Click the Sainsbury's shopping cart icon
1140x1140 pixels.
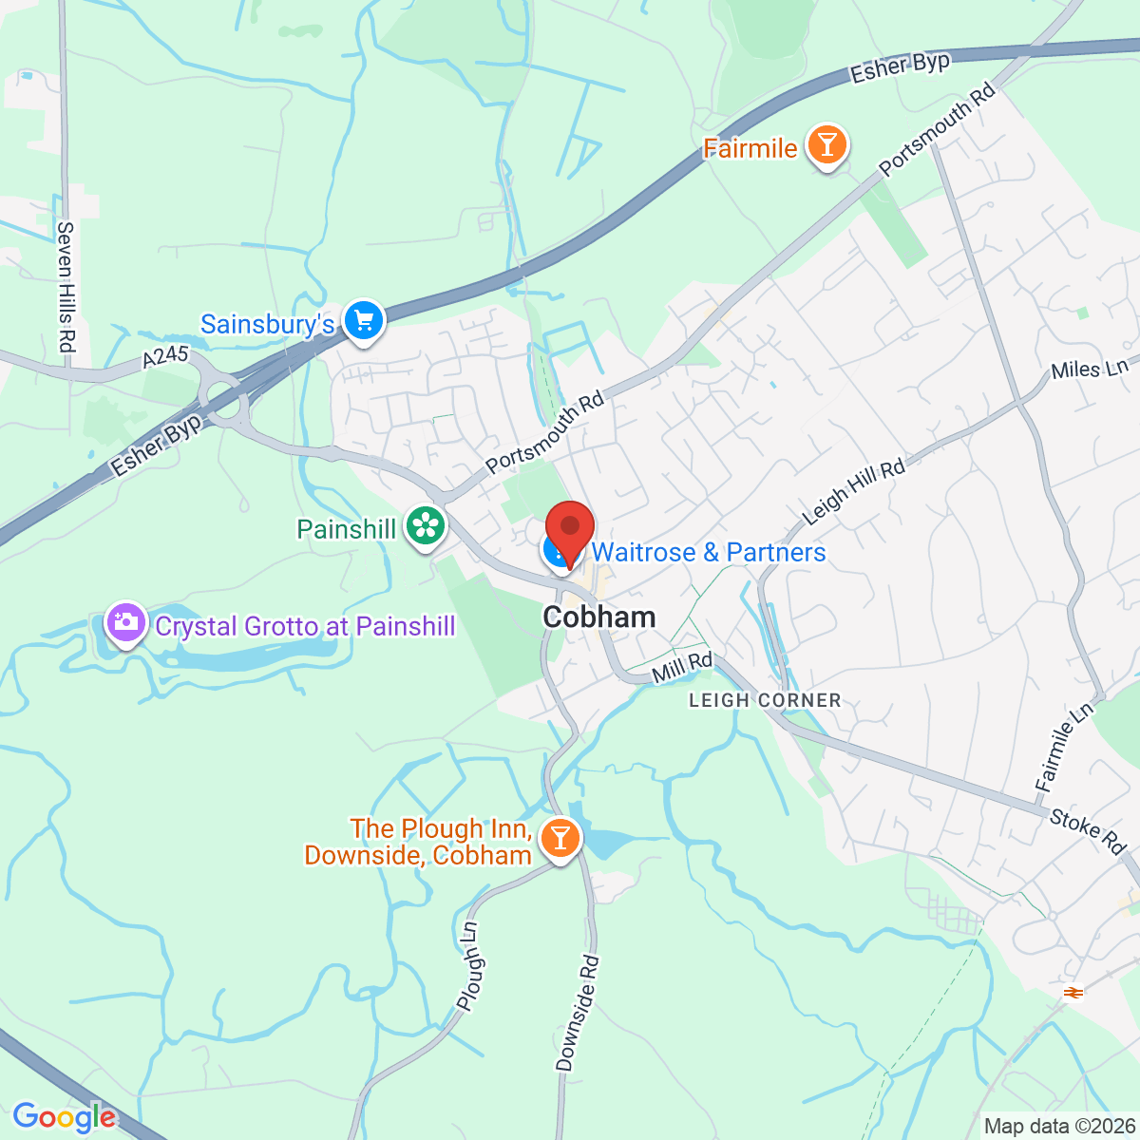tap(363, 321)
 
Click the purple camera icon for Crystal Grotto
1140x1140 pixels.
tap(124, 624)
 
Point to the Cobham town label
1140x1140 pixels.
tap(598, 617)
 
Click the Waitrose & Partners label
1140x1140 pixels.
tap(708, 553)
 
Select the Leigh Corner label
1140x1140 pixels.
tap(765, 700)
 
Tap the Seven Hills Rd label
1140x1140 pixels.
tap(66, 287)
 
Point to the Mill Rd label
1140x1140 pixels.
tap(682, 667)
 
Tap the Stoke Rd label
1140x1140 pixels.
tap(1088, 829)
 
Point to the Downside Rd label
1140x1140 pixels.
tap(578, 1014)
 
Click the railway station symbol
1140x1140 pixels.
tap(1073, 992)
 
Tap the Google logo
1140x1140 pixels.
tap(64, 1117)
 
